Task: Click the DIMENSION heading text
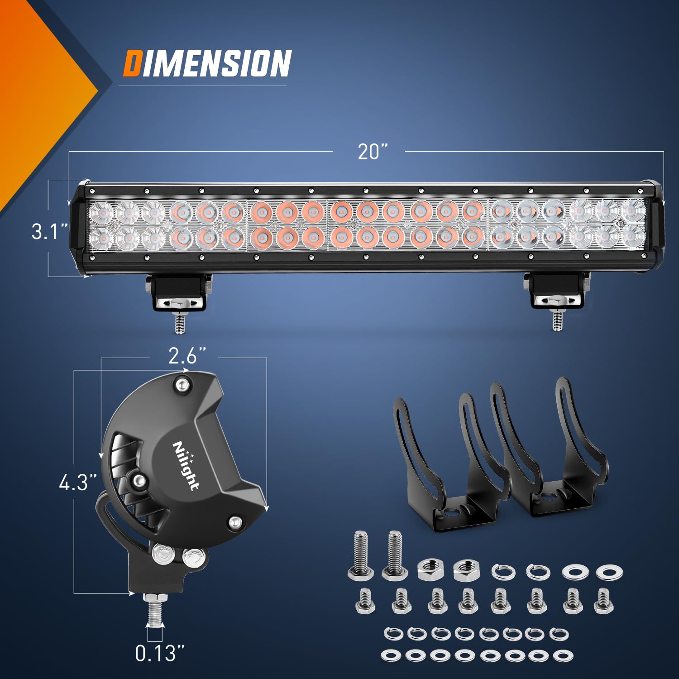coord(207,63)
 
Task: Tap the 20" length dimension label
coord(373,152)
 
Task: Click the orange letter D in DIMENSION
coord(132,63)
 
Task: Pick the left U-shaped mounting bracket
coord(448,466)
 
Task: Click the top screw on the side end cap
coord(182,385)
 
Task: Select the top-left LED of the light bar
coord(100,212)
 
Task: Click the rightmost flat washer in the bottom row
coord(563,655)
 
